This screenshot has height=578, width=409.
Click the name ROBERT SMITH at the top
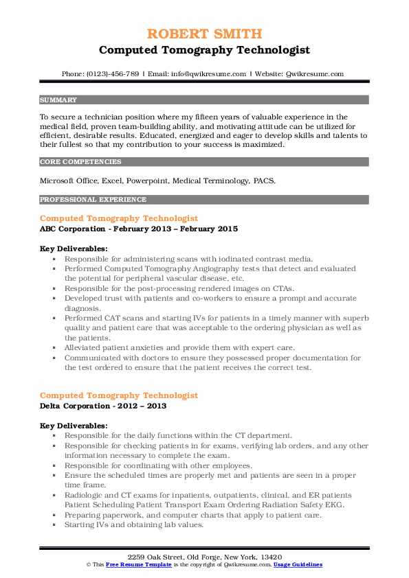[204, 34]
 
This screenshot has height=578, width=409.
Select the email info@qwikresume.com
[212, 73]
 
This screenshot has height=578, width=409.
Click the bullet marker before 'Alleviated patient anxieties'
[54, 347]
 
